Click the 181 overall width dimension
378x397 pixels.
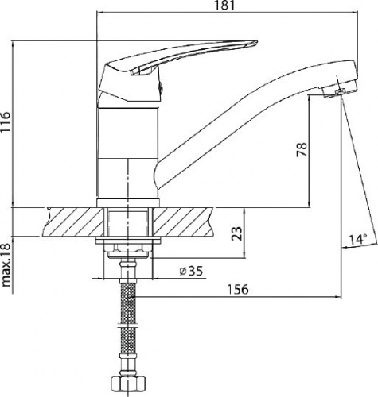pos(224,6)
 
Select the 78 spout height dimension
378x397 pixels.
pos(302,149)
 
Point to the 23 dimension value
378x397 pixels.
pos(237,233)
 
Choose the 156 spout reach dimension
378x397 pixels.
pos(238,289)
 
